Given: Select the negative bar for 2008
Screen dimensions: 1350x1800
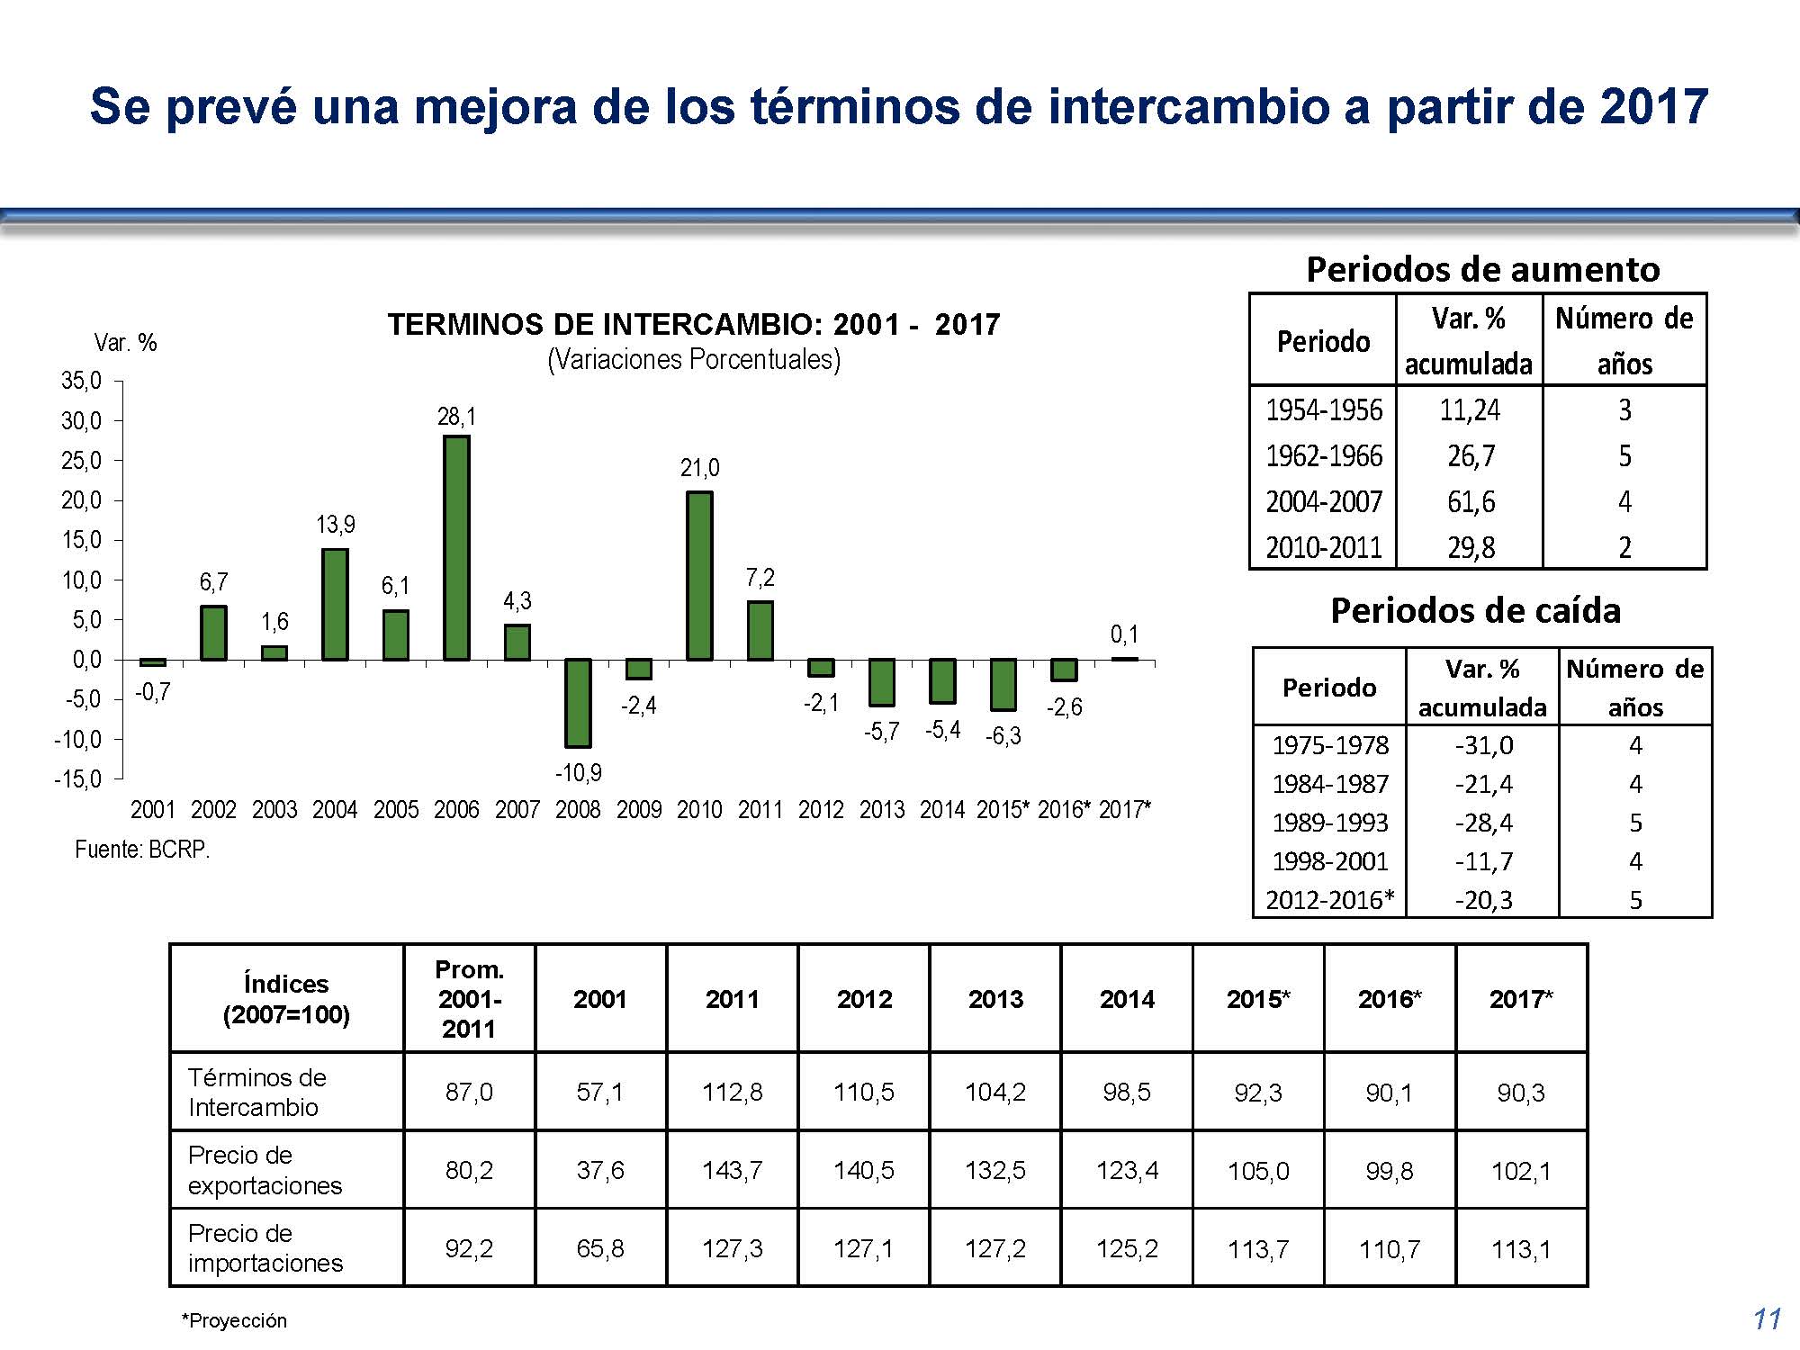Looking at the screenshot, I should click(578, 703).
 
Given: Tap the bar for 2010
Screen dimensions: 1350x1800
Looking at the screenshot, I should click(699, 576).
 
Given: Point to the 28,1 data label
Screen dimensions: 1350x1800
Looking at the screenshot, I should click(456, 417).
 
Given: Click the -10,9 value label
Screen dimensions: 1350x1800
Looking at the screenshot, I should click(578, 772).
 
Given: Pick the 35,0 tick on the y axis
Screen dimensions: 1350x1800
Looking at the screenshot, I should click(81, 381).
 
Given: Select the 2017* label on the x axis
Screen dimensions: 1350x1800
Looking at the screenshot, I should click(1124, 810).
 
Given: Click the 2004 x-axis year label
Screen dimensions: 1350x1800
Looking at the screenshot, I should click(335, 810).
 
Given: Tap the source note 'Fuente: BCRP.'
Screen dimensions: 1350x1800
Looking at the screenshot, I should click(142, 850).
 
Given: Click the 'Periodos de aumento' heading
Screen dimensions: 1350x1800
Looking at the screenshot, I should click(1482, 269).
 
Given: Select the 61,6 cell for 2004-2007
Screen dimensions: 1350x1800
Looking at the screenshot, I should click(1471, 501).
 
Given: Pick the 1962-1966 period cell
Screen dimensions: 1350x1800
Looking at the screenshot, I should click(1324, 456).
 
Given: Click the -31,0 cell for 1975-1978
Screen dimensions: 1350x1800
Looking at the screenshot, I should click(1483, 745).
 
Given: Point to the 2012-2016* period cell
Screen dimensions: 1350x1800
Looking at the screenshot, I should click(1330, 900).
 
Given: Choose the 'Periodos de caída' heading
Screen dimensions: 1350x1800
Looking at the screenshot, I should click(1476, 611).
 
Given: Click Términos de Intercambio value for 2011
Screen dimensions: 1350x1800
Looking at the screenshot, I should click(732, 1092).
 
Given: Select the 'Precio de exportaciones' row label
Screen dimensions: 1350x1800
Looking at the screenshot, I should click(265, 1170).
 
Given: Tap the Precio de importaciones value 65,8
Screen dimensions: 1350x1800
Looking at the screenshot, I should click(600, 1248).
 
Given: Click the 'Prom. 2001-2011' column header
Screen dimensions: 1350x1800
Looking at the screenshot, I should click(469, 999).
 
